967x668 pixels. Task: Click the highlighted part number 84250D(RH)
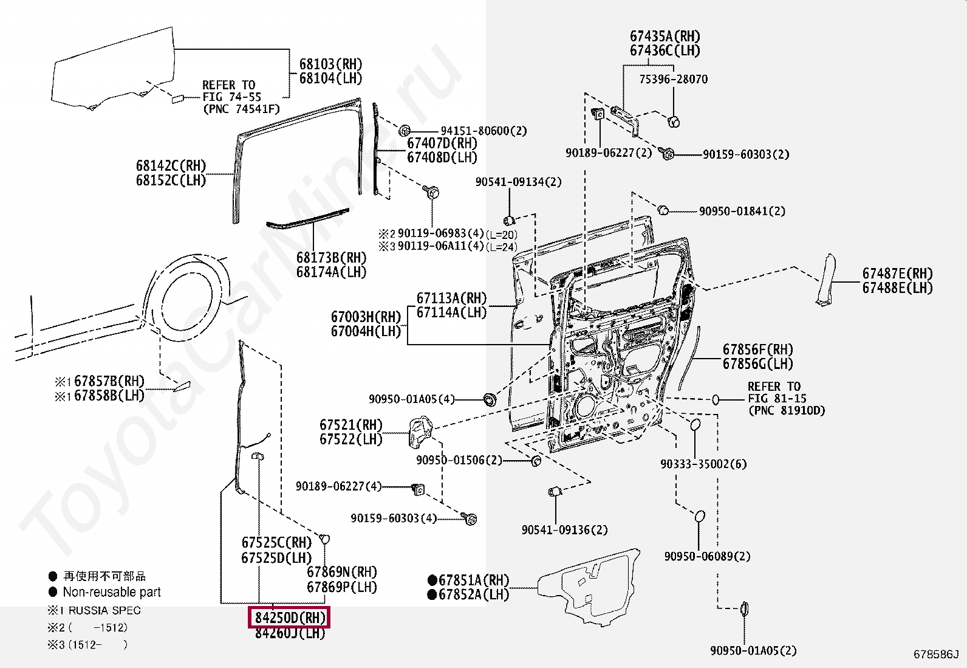(289, 618)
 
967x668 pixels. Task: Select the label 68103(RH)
(330, 64)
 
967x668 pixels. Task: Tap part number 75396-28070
(674, 79)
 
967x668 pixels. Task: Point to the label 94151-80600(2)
(483, 131)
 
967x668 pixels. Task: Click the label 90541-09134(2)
(519, 182)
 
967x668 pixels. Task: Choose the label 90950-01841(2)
(742, 212)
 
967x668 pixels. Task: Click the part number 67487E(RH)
(898, 274)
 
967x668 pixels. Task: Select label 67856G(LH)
(758, 364)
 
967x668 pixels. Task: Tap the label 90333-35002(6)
(703, 464)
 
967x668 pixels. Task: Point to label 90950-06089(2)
(707, 557)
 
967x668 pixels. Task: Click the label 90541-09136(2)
(565, 530)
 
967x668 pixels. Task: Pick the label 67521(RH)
(351, 425)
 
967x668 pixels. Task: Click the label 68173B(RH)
(331, 258)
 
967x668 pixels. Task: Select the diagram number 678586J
(936, 654)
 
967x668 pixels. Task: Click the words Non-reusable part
(112, 592)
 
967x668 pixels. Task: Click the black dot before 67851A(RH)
(432, 580)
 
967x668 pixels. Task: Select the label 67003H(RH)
(366, 317)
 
